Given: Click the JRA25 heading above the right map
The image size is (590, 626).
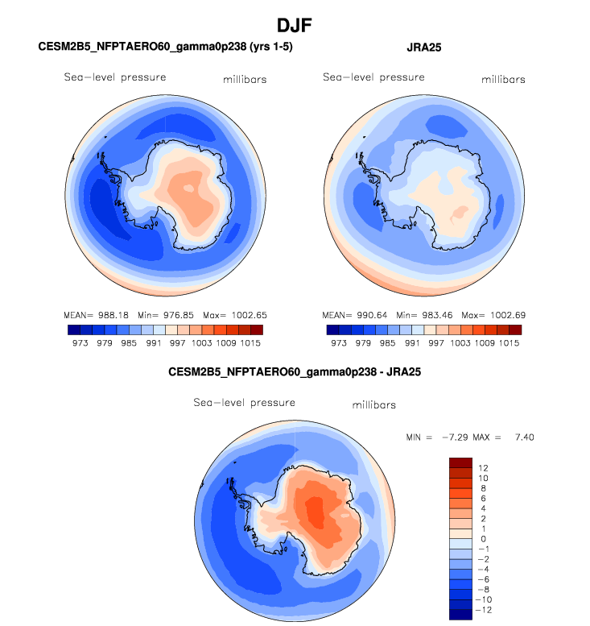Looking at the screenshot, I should [424, 48].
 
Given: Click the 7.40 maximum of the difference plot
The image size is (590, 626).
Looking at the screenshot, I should [521, 437].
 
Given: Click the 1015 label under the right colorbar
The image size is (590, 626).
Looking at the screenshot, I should [510, 342].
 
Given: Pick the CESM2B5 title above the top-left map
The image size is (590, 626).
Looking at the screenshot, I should [165, 48].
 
